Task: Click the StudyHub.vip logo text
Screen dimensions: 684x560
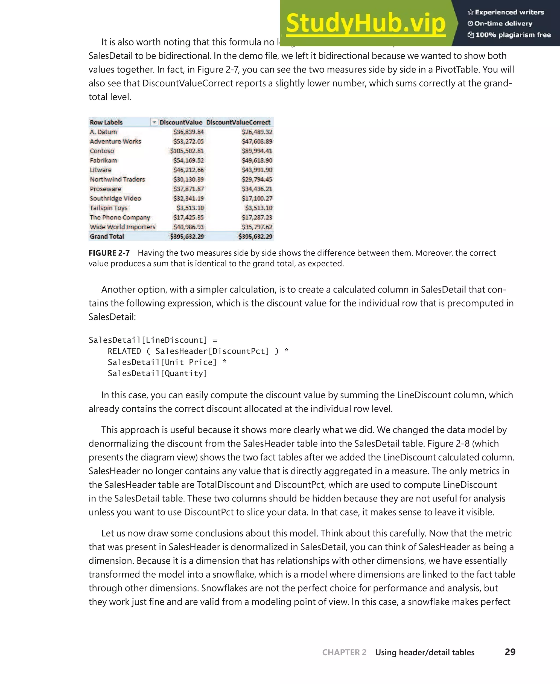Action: pos(366,23)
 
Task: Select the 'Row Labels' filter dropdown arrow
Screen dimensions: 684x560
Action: pos(154,122)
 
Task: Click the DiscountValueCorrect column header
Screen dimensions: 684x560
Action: pos(238,122)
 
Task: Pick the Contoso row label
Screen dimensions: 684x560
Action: pos(102,151)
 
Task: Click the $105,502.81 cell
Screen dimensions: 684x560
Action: pos(187,151)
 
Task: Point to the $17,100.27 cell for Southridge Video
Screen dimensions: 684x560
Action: pos(257,198)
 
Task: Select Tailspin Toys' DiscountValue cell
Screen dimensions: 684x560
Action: pos(190,208)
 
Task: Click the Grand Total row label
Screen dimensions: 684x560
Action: pos(107,236)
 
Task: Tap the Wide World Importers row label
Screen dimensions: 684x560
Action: pos(122,227)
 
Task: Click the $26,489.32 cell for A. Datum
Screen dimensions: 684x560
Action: pos(257,132)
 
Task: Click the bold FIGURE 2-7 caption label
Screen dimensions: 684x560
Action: pos(109,253)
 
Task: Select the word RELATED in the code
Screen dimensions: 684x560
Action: pos(124,351)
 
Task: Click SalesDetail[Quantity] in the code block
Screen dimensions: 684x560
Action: pos(157,373)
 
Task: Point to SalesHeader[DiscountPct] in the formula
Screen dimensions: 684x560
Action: pos(212,351)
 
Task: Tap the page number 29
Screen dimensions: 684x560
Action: pos(510,652)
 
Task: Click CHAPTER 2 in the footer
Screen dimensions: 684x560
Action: pos(344,652)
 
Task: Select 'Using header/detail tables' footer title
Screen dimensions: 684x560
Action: pos(425,652)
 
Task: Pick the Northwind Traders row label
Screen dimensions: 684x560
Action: pos(117,179)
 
